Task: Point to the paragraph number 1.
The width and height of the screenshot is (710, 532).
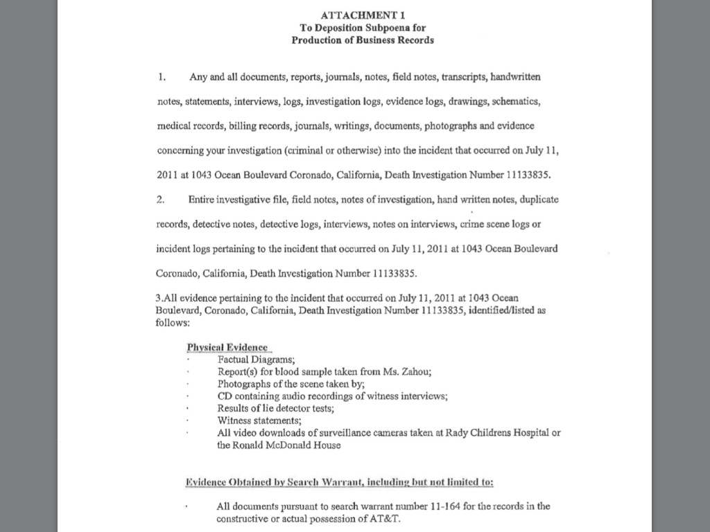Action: [x=161, y=77]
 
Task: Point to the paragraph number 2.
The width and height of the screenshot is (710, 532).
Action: [x=160, y=199]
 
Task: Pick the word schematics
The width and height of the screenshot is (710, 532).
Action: [x=515, y=101]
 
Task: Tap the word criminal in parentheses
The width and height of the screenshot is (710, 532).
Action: [x=346, y=150]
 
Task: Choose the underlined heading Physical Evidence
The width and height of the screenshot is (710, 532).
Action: [x=227, y=347]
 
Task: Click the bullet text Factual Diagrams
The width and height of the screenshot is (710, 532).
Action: [x=256, y=360]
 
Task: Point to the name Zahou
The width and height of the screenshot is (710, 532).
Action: [x=414, y=371]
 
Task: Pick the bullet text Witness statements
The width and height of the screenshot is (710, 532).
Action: [x=259, y=420]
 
